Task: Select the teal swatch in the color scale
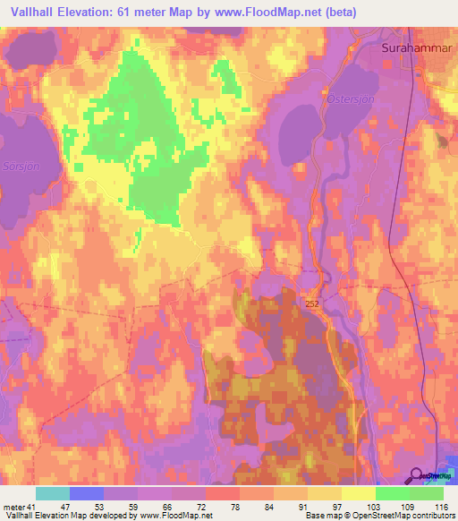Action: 53,493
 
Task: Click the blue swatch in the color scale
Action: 87,493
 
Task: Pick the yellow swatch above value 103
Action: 358,493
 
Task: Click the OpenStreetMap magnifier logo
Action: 418,477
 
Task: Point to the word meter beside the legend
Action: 13,507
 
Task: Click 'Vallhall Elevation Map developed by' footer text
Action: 68,516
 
